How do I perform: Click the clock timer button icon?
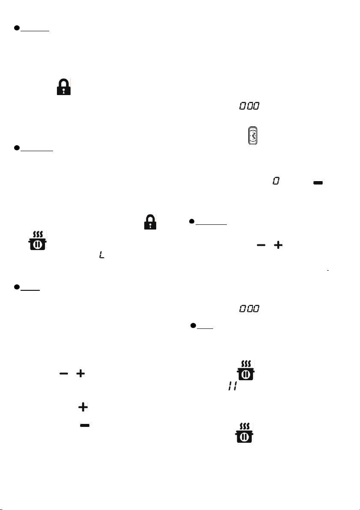253,135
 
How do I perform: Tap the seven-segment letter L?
102,255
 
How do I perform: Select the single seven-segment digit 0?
276,181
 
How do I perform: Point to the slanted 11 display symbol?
232,386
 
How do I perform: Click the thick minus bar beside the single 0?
318,183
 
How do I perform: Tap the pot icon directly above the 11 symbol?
246,370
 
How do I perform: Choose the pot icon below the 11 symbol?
244,432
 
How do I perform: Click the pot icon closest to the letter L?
37,240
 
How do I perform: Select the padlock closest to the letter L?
150,222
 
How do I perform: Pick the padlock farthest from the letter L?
64,87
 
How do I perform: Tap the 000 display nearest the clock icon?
250,106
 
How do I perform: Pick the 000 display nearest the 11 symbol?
250,308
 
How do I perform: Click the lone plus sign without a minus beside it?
83,407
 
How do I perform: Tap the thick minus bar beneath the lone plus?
85,425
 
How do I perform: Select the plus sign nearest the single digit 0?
278,245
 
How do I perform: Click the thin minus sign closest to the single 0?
261,245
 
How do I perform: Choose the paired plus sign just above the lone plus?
80,373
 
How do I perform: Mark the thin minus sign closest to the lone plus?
64,373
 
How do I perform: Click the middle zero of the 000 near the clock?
250,106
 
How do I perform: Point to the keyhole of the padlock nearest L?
150,224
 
